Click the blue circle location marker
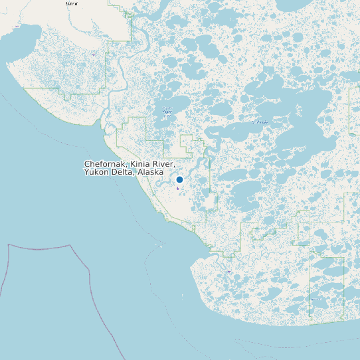point(179,179)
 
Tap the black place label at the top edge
point(71,3)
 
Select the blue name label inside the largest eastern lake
point(260,122)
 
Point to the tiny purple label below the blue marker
point(178,189)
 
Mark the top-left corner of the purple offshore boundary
point(9,245)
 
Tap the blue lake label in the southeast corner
point(315,300)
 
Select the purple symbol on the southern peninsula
point(229,271)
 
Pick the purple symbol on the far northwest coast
point(94,55)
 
